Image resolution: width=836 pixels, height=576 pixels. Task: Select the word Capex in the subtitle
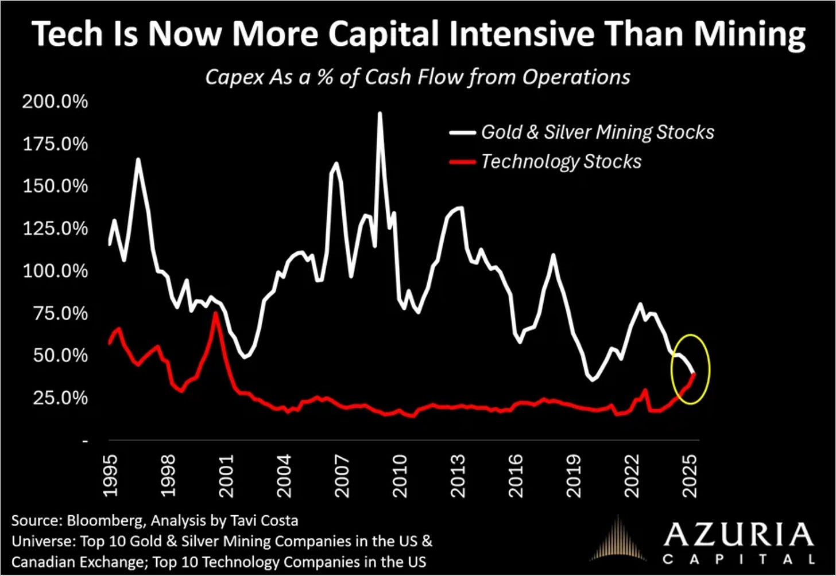(x=235, y=77)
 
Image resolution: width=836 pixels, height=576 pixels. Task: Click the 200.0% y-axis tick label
(x=55, y=102)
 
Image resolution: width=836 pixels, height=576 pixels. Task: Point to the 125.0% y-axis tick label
(x=55, y=228)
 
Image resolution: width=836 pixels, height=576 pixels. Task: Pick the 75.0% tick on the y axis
(x=61, y=313)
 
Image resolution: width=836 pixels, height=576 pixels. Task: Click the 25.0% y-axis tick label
(x=61, y=398)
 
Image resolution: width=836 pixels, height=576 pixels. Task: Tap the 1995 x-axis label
(x=110, y=476)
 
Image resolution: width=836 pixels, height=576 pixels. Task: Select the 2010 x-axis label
(x=400, y=476)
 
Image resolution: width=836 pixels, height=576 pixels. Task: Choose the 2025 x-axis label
(x=690, y=476)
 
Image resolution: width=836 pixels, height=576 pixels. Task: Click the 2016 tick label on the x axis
(x=516, y=476)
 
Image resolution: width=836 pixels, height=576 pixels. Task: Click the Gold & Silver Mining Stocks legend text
(x=598, y=133)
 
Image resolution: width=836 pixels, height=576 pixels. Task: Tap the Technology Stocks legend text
(x=562, y=162)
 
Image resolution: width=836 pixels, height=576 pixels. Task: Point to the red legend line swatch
(x=462, y=162)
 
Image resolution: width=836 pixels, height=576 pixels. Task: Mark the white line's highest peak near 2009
(x=380, y=113)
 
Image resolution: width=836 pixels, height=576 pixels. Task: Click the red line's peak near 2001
(x=215, y=313)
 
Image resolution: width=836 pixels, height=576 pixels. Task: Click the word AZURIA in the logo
(x=738, y=535)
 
